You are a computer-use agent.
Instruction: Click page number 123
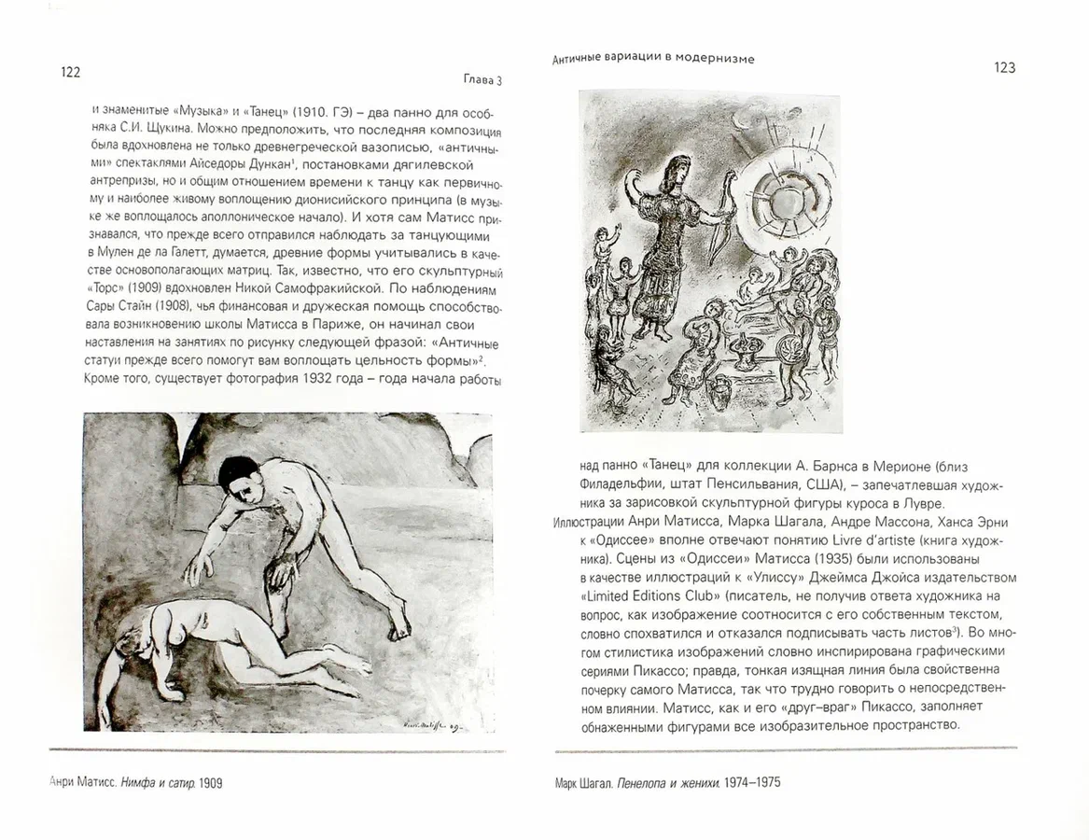coord(1005,67)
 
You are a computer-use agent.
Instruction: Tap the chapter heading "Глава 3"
coord(482,80)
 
